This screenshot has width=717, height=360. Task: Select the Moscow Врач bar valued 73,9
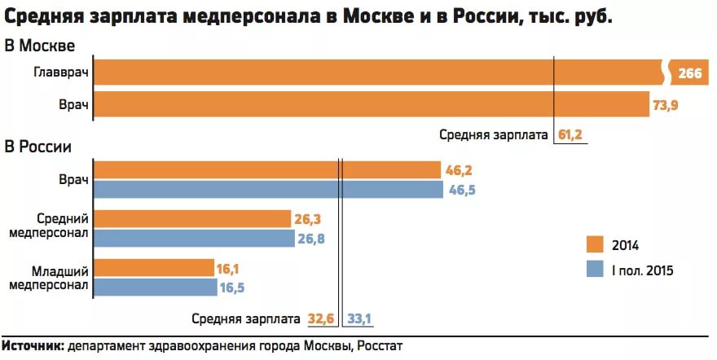tap(371, 105)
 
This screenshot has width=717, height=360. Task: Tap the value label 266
tap(689, 74)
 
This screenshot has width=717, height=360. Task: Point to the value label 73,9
tap(665, 105)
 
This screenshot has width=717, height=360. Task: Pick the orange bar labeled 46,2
tap(267, 169)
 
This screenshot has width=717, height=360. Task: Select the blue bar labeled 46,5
tap(268, 190)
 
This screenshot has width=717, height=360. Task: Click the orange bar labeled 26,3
tap(192, 218)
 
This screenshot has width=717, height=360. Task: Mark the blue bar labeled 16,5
tap(156, 287)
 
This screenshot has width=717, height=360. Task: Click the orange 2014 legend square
tap(594, 245)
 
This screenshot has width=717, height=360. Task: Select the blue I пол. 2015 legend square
tap(594, 270)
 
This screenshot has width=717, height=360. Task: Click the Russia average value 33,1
tap(361, 318)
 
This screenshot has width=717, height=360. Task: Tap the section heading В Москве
tap(40, 45)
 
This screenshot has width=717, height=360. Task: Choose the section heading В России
tap(38, 147)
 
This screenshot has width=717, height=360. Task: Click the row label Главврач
tap(61, 74)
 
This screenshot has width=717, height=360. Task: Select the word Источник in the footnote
tap(33, 346)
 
